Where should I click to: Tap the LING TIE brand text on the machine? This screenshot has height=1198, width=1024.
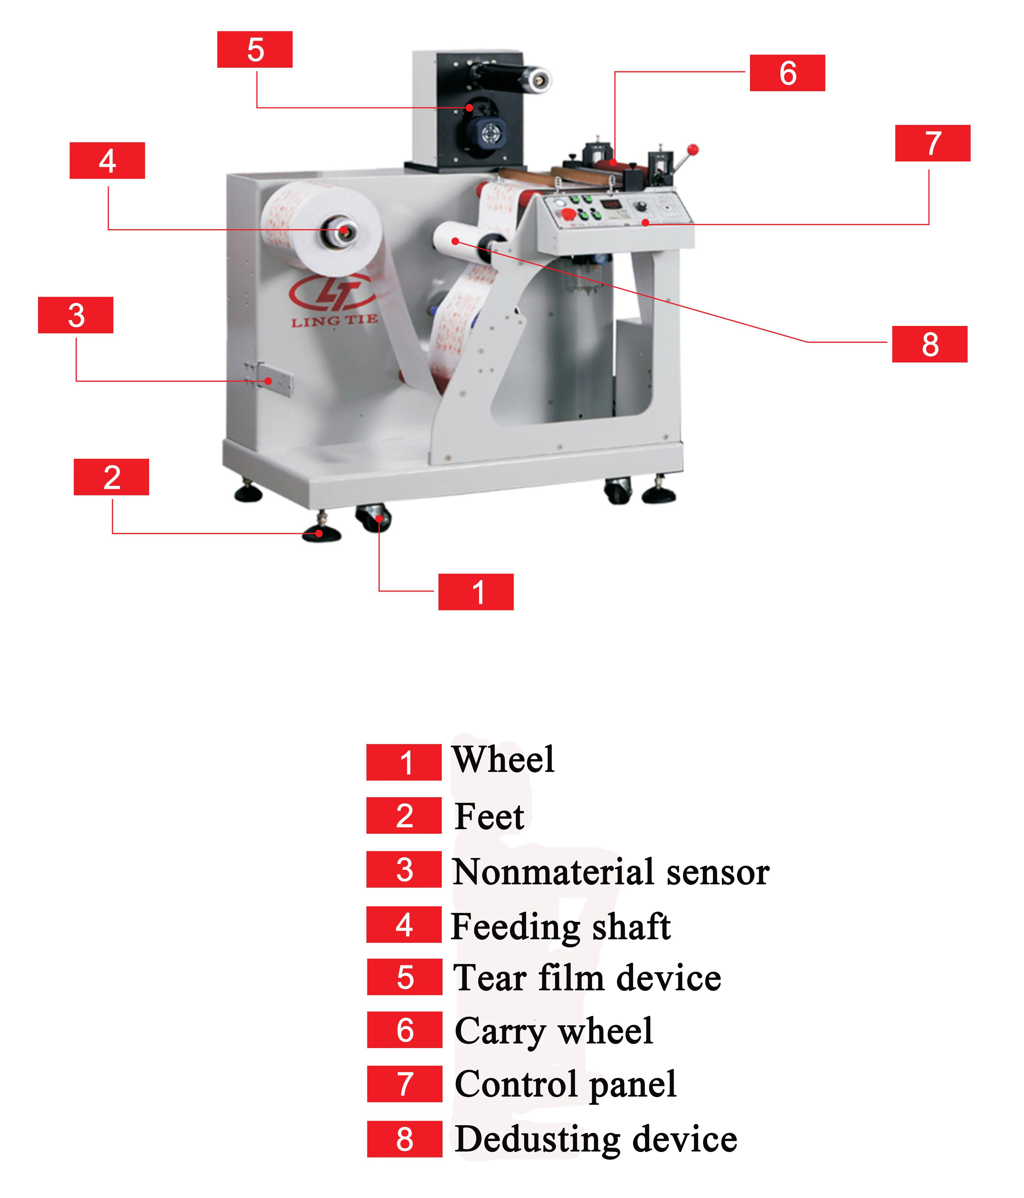(334, 321)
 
